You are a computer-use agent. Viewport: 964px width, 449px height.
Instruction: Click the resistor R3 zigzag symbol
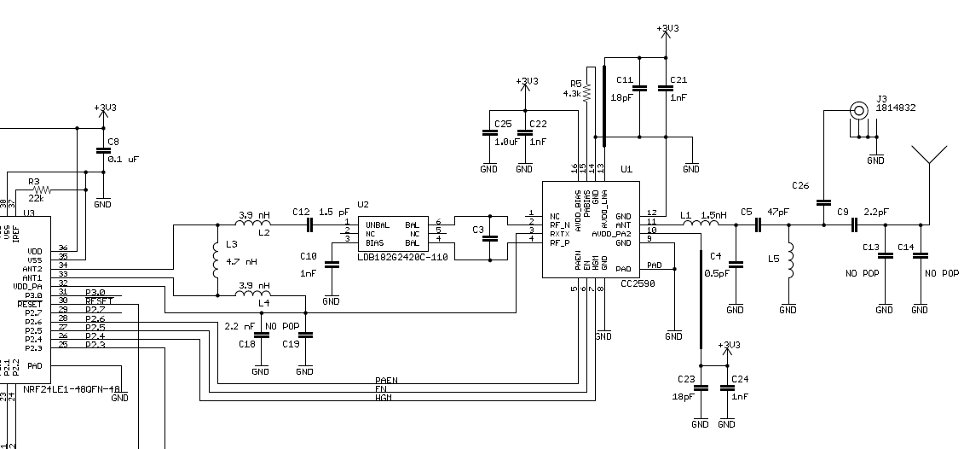point(40,190)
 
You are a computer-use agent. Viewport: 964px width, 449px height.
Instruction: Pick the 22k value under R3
point(35,198)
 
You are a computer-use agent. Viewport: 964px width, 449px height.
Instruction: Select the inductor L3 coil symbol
point(214,259)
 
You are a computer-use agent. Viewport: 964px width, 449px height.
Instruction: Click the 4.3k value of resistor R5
point(571,93)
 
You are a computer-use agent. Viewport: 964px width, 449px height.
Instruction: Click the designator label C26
point(800,185)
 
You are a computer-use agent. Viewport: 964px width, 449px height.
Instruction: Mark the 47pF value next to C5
point(779,212)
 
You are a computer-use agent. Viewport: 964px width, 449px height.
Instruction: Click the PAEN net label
point(386,380)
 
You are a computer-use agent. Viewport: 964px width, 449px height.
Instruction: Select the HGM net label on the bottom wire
point(384,398)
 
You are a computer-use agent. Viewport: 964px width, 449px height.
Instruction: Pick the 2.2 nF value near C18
point(239,326)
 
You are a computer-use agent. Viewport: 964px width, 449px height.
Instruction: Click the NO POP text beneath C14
point(942,273)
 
